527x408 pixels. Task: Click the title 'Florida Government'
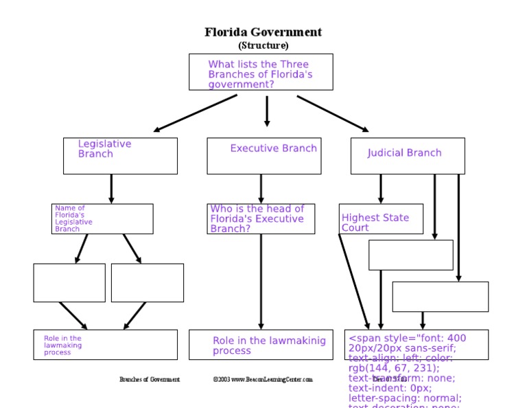pyautogui.click(x=263, y=32)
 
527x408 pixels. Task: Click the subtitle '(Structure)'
pyautogui.click(x=263, y=45)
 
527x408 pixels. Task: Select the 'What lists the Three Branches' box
pyautogui.click(x=261, y=72)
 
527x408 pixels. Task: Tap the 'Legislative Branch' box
pyautogui.click(x=120, y=156)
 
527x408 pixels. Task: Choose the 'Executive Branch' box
pyautogui.click(x=264, y=156)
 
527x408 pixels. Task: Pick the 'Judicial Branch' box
pyautogui.click(x=408, y=156)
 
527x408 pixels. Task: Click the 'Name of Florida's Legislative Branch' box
pyautogui.click(x=102, y=218)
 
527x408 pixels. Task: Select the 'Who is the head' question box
pyautogui.click(x=261, y=218)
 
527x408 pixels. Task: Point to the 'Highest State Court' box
pyautogui.click(x=381, y=218)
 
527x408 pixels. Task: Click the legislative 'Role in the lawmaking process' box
pyautogui.click(x=105, y=345)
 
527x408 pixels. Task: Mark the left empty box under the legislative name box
pyautogui.click(x=69, y=282)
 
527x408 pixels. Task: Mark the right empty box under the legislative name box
pyautogui.click(x=148, y=282)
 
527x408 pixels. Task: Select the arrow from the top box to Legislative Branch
pyautogui.click(x=196, y=113)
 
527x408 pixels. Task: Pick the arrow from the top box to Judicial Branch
pyautogui.click(x=333, y=113)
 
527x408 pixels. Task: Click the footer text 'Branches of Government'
pyautogui.click(x=150, y=379)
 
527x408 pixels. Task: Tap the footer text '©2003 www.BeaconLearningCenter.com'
pyautogui.click(x=263, y=379)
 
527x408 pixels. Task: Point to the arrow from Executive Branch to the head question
pyautogui.click(x=261, y=188)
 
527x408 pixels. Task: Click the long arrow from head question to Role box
pyautogui.click(x=261, y=282)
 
